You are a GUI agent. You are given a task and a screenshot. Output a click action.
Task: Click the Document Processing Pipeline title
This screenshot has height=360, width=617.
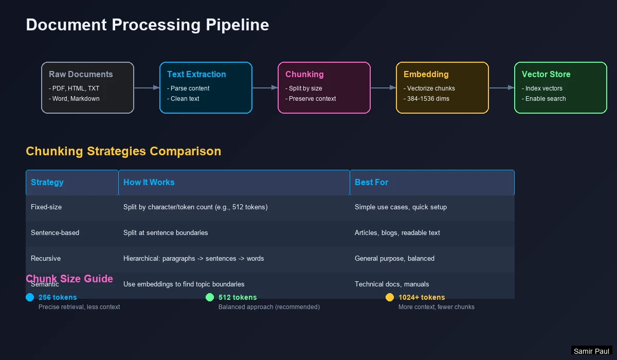point(147,25)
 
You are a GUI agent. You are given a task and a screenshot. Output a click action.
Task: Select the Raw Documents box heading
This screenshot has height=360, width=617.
point(81,74)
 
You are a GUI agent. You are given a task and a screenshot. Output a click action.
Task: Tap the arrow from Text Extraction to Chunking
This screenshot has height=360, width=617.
point(265,88)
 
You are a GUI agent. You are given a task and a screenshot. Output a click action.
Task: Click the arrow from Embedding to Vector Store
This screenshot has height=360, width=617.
point(501,88)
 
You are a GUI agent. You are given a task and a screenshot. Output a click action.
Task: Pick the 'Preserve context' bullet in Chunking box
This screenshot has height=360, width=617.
point(311,99)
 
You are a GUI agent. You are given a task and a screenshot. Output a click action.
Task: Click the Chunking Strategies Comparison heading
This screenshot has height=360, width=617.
point(123,151)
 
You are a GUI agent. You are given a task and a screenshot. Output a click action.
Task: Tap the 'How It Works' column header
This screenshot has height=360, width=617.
point(149,182)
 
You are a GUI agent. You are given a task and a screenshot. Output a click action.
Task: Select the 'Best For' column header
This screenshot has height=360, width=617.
point(371,182)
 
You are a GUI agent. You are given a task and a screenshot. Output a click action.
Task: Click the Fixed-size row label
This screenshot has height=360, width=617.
point(46,207)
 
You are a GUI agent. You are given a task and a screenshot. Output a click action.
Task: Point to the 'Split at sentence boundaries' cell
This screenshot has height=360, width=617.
point(166,232)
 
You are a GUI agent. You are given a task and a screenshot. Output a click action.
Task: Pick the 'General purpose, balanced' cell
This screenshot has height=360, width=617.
point(394,258)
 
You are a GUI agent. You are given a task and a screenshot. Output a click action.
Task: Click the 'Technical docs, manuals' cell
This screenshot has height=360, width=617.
point(391,284)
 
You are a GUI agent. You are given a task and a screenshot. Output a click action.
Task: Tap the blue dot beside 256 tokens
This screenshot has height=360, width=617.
point(30,297)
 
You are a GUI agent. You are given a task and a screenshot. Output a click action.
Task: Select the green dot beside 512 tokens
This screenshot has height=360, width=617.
point(210,297)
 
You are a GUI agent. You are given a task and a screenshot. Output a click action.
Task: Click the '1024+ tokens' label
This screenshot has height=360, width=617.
point(422,297)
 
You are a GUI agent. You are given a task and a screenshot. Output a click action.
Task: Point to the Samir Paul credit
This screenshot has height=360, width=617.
point(591,351)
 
